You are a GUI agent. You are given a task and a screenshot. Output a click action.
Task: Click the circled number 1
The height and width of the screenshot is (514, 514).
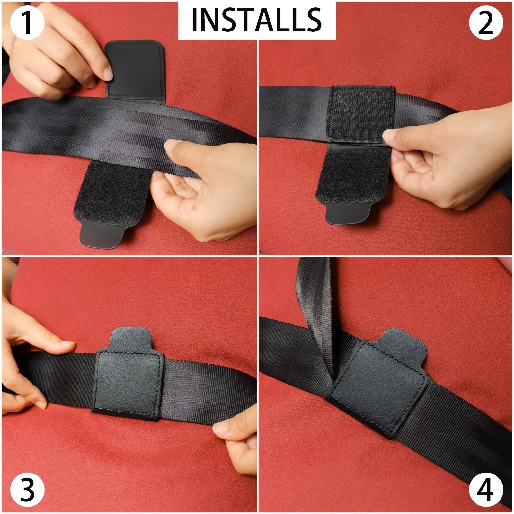27,23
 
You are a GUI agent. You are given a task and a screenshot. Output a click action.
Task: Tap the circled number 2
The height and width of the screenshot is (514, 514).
486,23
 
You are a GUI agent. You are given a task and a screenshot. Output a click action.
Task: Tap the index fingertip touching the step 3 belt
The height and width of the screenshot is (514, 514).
66,346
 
